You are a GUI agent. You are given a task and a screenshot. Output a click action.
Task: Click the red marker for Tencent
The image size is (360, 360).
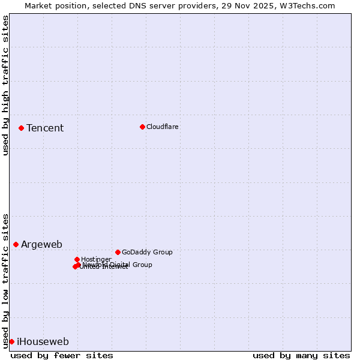[x=21, y=128]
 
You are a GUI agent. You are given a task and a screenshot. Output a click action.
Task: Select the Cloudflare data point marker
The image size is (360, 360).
[x=142, y=127]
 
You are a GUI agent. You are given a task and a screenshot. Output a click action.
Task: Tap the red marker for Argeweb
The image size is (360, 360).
[x=16, y=244]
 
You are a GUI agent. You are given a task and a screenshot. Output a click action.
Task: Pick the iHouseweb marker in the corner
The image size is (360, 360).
[x=11, y=341]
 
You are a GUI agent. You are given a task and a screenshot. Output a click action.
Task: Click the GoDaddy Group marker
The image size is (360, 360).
[x=118, y=252]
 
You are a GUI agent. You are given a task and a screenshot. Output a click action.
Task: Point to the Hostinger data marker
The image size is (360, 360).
[x=77, y=259]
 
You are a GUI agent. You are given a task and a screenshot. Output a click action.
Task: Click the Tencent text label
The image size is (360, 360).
[x=45, y=128]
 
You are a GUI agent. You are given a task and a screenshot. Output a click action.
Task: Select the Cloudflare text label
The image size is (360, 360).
[x=163, y=127]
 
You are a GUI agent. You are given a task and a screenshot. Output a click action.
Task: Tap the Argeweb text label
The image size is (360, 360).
[x=41, y=244]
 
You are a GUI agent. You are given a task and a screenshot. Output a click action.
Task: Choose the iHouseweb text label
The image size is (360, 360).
[x=43, y=341]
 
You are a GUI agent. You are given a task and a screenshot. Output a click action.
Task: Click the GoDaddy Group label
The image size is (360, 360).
[x=147, y=252]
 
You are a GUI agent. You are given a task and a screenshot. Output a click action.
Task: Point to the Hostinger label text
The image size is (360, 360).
[x=96, y=259]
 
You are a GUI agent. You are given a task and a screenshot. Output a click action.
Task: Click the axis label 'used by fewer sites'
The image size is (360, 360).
[x=62, y=355]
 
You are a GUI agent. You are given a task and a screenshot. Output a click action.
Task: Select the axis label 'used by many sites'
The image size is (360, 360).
[x=301, y=355]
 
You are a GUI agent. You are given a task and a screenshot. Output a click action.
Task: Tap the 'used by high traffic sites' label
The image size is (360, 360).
[x=5, y=85]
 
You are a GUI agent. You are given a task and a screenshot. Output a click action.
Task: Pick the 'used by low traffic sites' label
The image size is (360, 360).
[x=5, y=280]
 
